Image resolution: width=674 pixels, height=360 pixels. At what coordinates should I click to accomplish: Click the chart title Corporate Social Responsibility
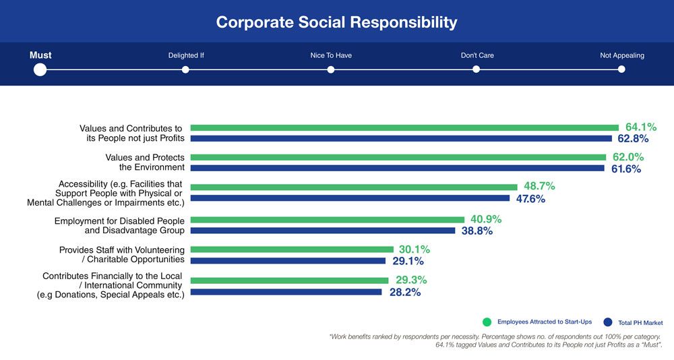click(336, 22)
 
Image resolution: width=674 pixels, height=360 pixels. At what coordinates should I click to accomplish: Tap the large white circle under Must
click(40, 69)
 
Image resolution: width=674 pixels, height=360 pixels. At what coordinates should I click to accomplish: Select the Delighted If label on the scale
click(186, 55)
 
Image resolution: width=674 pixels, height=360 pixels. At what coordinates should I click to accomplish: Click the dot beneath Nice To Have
click(331, 69)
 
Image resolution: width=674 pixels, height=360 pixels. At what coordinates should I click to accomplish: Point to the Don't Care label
click(477, 55)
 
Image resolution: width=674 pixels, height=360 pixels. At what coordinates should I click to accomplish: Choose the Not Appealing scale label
click(621, 55)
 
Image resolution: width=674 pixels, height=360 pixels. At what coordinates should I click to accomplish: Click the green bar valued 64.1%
click(404, 127)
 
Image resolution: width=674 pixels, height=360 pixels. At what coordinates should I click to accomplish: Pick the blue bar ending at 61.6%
click(398, 169)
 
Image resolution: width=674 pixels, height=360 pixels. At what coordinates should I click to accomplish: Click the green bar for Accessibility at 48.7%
click(354, 187)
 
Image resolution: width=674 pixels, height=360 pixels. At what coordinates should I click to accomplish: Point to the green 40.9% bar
click(328, 219)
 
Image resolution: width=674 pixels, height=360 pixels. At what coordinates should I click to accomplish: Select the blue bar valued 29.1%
click(288, 261)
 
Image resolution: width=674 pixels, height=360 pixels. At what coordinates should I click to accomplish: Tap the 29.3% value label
click(412, 280)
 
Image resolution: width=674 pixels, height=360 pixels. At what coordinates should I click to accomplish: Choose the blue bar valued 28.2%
click(286, 292)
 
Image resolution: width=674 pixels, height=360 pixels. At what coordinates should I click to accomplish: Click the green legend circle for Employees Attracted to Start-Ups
click(487, 322)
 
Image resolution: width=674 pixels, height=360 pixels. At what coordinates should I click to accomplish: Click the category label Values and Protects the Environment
click(145, 162)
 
